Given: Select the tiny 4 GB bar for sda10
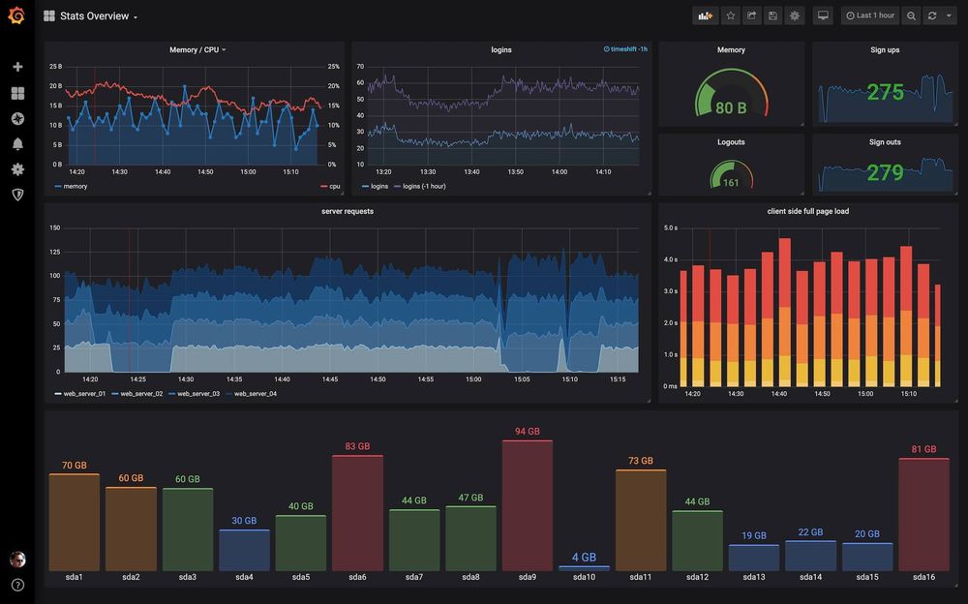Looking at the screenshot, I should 584,568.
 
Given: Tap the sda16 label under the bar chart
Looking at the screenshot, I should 923,577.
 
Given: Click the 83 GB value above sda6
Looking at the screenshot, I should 357,446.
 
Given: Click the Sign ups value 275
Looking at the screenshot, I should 885,92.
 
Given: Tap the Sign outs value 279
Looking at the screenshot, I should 885,173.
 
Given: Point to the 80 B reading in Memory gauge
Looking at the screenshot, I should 731,108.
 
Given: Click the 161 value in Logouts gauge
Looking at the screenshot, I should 731,182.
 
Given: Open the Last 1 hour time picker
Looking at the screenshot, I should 869,15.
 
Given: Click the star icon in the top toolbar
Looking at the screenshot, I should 730,15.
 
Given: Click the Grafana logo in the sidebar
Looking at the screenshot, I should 16,15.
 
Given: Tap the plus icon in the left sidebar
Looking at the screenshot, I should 17,67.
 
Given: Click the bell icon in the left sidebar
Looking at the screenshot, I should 17,143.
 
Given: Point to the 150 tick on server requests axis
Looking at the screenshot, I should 54,227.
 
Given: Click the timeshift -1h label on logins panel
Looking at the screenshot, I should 625,48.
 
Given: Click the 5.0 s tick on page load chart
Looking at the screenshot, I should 670,227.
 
